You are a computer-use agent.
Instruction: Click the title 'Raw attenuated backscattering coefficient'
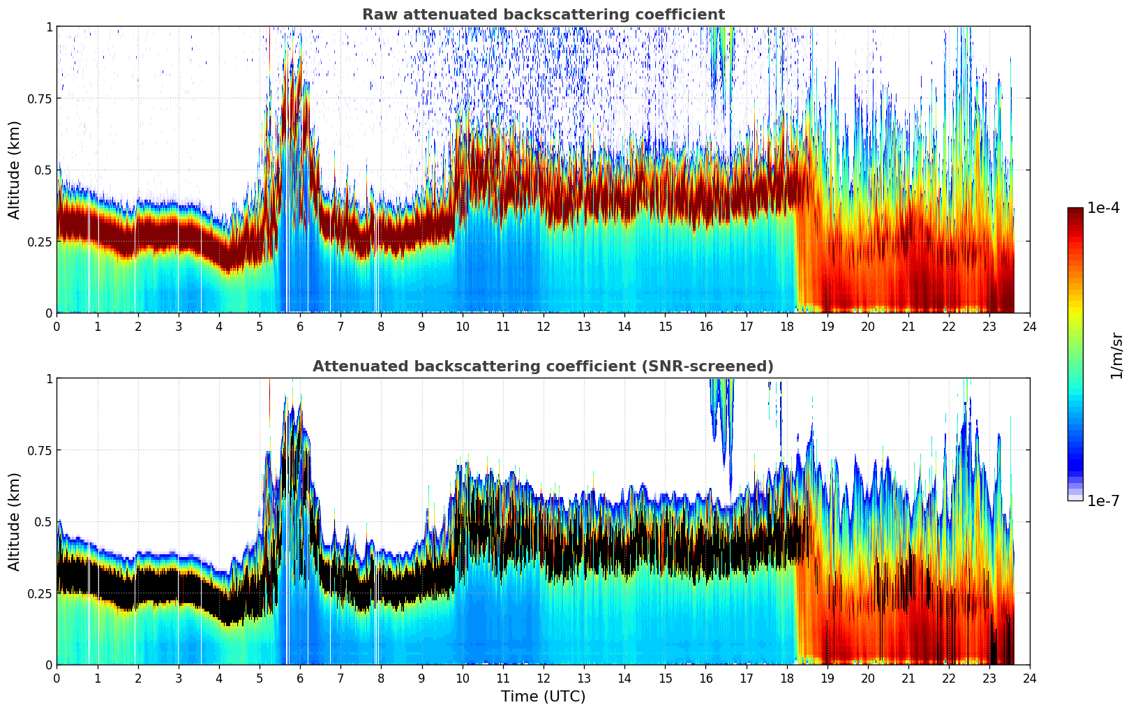point(543,15)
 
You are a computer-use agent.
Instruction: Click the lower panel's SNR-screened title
point(543,366)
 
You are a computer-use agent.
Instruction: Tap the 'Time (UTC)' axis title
point(543,697)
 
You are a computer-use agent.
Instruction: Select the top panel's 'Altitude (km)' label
point(15,170)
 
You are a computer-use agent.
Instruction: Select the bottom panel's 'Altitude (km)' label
point(15,521)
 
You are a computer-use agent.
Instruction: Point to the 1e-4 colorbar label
point(1103,208)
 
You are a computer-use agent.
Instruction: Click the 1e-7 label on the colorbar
point(1103,500)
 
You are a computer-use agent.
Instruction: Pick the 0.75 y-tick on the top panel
point(40,98)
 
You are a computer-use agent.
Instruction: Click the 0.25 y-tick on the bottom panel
point(40,593)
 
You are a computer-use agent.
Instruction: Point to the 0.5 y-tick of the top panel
point(44,170)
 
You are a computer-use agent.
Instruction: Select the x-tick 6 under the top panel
point(300,326)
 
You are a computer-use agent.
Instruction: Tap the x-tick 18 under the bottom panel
point(786,678)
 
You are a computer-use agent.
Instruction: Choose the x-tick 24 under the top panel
point(1030,326)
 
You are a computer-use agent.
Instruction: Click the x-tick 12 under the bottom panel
point(543,678)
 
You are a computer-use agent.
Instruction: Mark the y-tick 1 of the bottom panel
point(49,379)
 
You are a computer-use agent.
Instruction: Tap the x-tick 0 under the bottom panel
point(57,678)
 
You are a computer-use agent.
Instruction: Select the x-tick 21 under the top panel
point(908,326)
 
